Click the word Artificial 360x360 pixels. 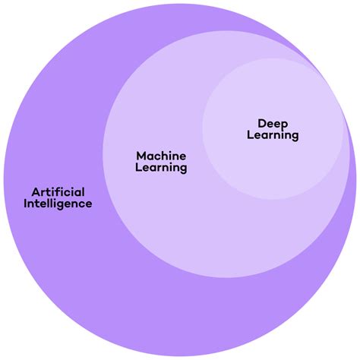click(x=58, y=191)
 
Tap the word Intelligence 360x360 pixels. click(x=58, y=204)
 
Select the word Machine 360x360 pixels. click(x=161, y=156)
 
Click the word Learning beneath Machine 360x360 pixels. click(x=161, y=168)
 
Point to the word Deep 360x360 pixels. click(x=273, y=123)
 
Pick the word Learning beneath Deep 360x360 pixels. click(x=273, y=135)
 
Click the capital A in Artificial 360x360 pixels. click(x=36, y=191)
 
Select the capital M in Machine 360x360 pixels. click(x=141, y=156)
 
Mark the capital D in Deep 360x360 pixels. click(x=261, y=122)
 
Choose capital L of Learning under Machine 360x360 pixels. click(x=138, y=168)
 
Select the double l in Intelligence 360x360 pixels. click(x=52, y=204)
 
